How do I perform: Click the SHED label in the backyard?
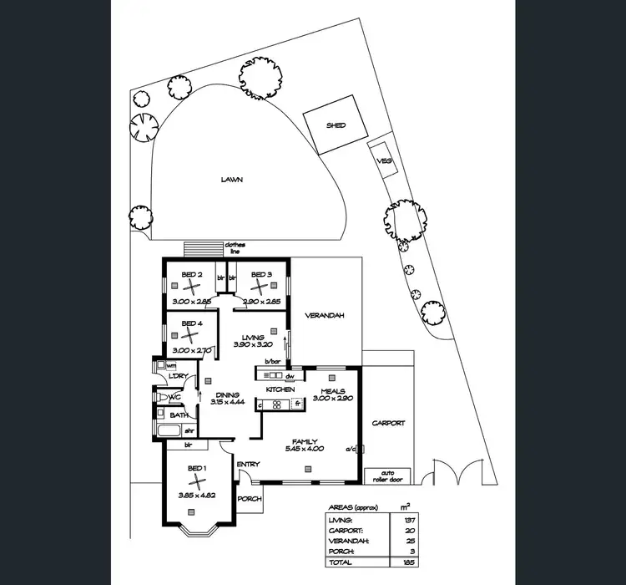click(336, 125)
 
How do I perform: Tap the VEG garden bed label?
click(385, 160)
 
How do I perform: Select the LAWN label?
click(232, 179)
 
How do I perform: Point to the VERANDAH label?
click(325, 315)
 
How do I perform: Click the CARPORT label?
click(389, 423)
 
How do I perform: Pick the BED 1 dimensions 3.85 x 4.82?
click(196, 496)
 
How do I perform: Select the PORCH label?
click(250, 499)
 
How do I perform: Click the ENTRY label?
click(248, 465)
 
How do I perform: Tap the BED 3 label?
click(262, 274)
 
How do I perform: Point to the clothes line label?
click(235, 248)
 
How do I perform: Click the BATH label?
click(179, 415)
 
